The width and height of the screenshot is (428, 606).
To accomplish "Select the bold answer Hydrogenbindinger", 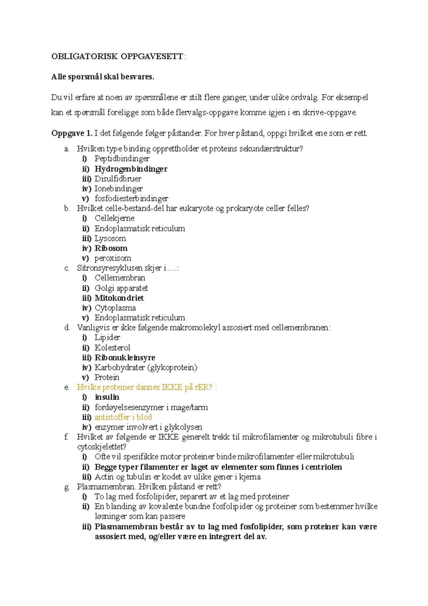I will click(x=131, y=169).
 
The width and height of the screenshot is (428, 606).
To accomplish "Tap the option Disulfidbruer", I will click(x=118, y=179).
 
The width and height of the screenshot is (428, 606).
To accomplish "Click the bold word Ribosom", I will click(x=111, y=248).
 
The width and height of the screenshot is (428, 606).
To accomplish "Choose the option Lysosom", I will click(x=110, y=238).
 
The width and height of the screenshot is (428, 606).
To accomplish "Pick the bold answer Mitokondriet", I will click(x=119, y=298).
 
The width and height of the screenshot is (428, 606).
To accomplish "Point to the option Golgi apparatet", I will click(x=121, y=288).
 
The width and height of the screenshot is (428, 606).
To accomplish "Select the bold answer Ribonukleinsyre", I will click(x=125, y=358).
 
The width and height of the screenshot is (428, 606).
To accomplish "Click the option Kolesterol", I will click(x=112, y=348).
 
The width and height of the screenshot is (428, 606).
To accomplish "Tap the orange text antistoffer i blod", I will click(x=123, y=417).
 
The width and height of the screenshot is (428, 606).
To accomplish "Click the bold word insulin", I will click(x=107, y=397).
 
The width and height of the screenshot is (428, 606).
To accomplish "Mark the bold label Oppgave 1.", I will click(x=72, y=133).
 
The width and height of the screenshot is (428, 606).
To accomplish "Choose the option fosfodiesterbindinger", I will click(x=131, y=198).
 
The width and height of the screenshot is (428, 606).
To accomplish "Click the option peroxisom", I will click(x=113, y=258).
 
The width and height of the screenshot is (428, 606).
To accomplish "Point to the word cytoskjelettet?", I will click(x=102, y=447).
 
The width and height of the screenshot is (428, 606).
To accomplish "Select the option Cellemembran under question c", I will click(x=120, y=278).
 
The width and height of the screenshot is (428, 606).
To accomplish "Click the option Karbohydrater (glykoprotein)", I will click(x=146, y=368).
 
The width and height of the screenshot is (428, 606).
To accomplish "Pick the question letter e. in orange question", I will click(x=67, y=388).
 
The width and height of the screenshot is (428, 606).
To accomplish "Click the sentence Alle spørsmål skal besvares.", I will click(x=103, y=77).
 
